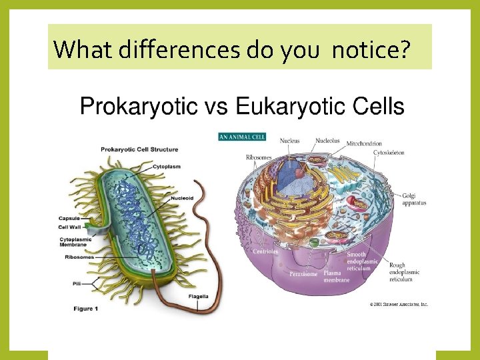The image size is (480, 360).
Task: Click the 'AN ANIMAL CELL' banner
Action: pos(242,137)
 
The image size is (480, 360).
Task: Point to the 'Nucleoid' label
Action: pos(182,197)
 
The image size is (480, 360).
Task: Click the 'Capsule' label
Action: pos(69,218)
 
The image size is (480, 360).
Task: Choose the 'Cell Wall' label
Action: pos(71,227)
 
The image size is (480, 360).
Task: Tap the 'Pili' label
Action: pos(77,283)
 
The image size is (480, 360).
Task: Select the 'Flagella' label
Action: pos(199,296)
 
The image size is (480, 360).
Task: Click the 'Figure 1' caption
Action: pos(86,308)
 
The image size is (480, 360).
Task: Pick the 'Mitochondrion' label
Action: pos(364,143)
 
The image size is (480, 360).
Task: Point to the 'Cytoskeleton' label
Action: pos(389,153)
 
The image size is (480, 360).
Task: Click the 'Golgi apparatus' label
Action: pos(413,199)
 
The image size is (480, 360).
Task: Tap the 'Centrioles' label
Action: pos(265,251)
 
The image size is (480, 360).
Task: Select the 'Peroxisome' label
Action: pos(303,273)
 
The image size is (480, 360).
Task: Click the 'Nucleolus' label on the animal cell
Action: pos(327,141)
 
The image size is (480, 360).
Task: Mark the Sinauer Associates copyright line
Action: pos(399,304)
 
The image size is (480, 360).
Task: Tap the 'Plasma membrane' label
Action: pos(337,276)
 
